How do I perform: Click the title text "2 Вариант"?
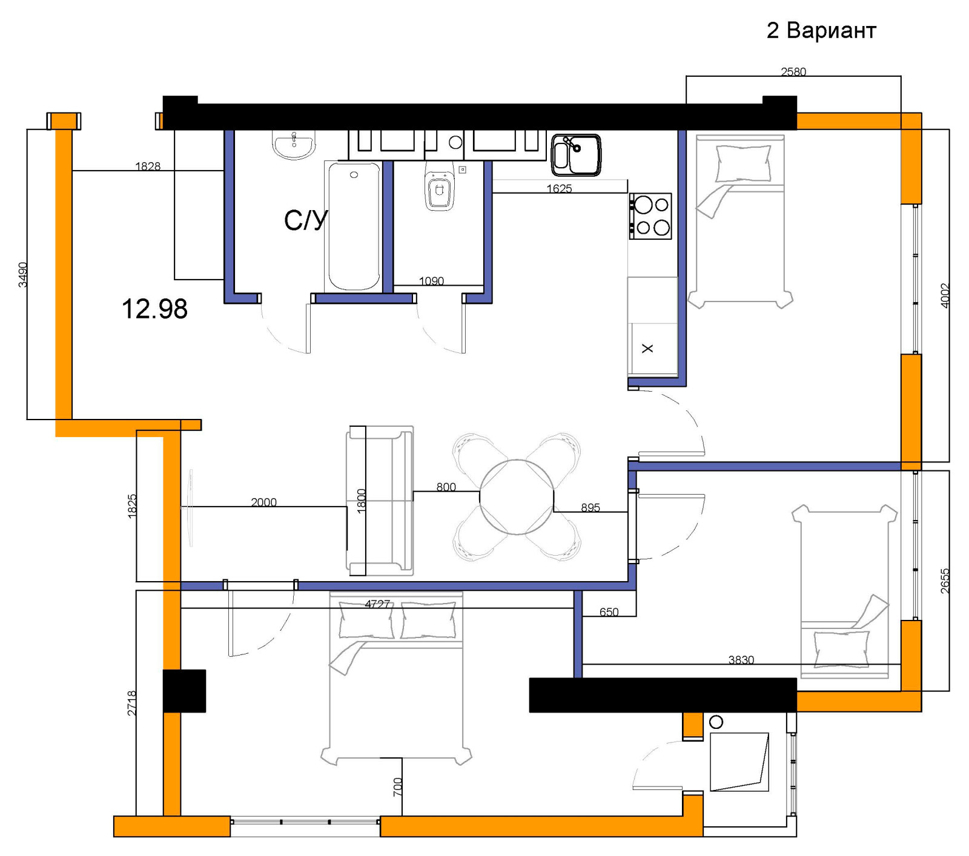point(821,30)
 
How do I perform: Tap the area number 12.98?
point(154,309)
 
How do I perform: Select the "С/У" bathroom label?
point(306,220)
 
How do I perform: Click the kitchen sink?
point(576,155)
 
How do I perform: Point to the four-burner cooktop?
point(650,216)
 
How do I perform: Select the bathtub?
point(354,226)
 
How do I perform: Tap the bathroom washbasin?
point(294,145)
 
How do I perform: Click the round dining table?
point(517,497)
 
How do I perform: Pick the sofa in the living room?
point(380,501)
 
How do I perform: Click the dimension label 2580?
point(793,71)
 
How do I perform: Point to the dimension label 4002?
point(945,295)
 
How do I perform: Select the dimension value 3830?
point(741,659)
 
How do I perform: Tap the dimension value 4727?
point(377,604)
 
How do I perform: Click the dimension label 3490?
point(22,274)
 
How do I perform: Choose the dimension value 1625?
point(559,188)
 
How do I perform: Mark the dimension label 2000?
point(263,502)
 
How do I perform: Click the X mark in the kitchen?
point(647,348)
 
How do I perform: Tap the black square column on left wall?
point(184,691)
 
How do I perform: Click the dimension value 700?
point(397,787)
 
